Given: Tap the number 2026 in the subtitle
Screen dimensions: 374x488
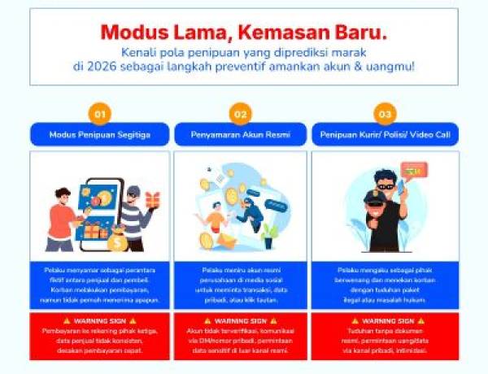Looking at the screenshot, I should pos(98,66).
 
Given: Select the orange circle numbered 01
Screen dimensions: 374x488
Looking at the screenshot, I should pos(100,114).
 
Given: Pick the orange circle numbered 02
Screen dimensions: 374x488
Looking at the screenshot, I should pos(240,114).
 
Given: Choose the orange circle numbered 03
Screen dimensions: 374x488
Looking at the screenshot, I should pos(385,114).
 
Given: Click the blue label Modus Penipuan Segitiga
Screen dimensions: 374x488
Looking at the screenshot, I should pos(99,134).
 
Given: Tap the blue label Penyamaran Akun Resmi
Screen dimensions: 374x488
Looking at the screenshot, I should pos(240,134).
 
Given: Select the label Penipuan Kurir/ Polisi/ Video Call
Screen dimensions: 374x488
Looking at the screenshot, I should pos(385,134).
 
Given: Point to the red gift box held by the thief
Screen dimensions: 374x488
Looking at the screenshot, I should pos(152,200).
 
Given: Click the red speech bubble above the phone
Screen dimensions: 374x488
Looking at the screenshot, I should pos(413,171).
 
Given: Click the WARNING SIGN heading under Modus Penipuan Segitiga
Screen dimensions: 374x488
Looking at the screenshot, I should pos(99,321).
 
